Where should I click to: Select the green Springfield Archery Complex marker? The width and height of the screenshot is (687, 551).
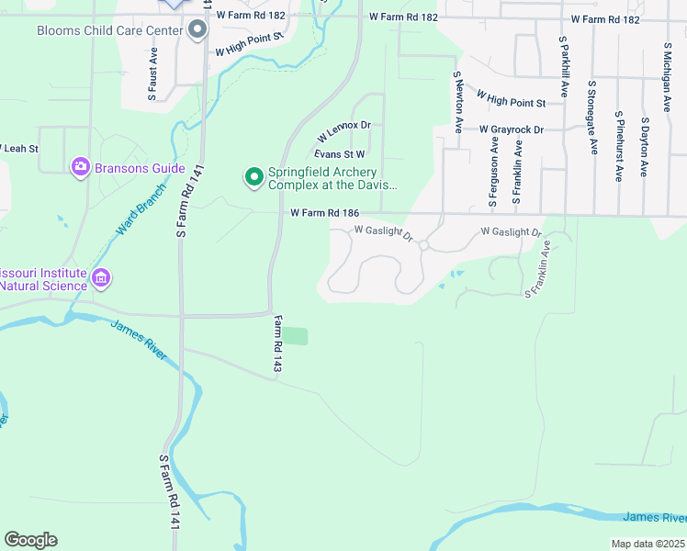tap(253, 175)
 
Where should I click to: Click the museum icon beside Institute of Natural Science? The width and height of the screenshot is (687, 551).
tap(101, 276)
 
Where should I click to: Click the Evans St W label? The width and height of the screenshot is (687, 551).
tap(340, 154)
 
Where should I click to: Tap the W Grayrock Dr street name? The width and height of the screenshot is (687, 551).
tap(512, 129)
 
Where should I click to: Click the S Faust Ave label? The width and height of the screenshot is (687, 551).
tap(152, 74)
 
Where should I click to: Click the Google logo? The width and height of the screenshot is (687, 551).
tap(30, 540)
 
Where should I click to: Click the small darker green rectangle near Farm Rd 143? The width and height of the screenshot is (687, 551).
tap(294, 336)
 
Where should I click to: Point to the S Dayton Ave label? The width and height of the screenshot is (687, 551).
tap(646, 147)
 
